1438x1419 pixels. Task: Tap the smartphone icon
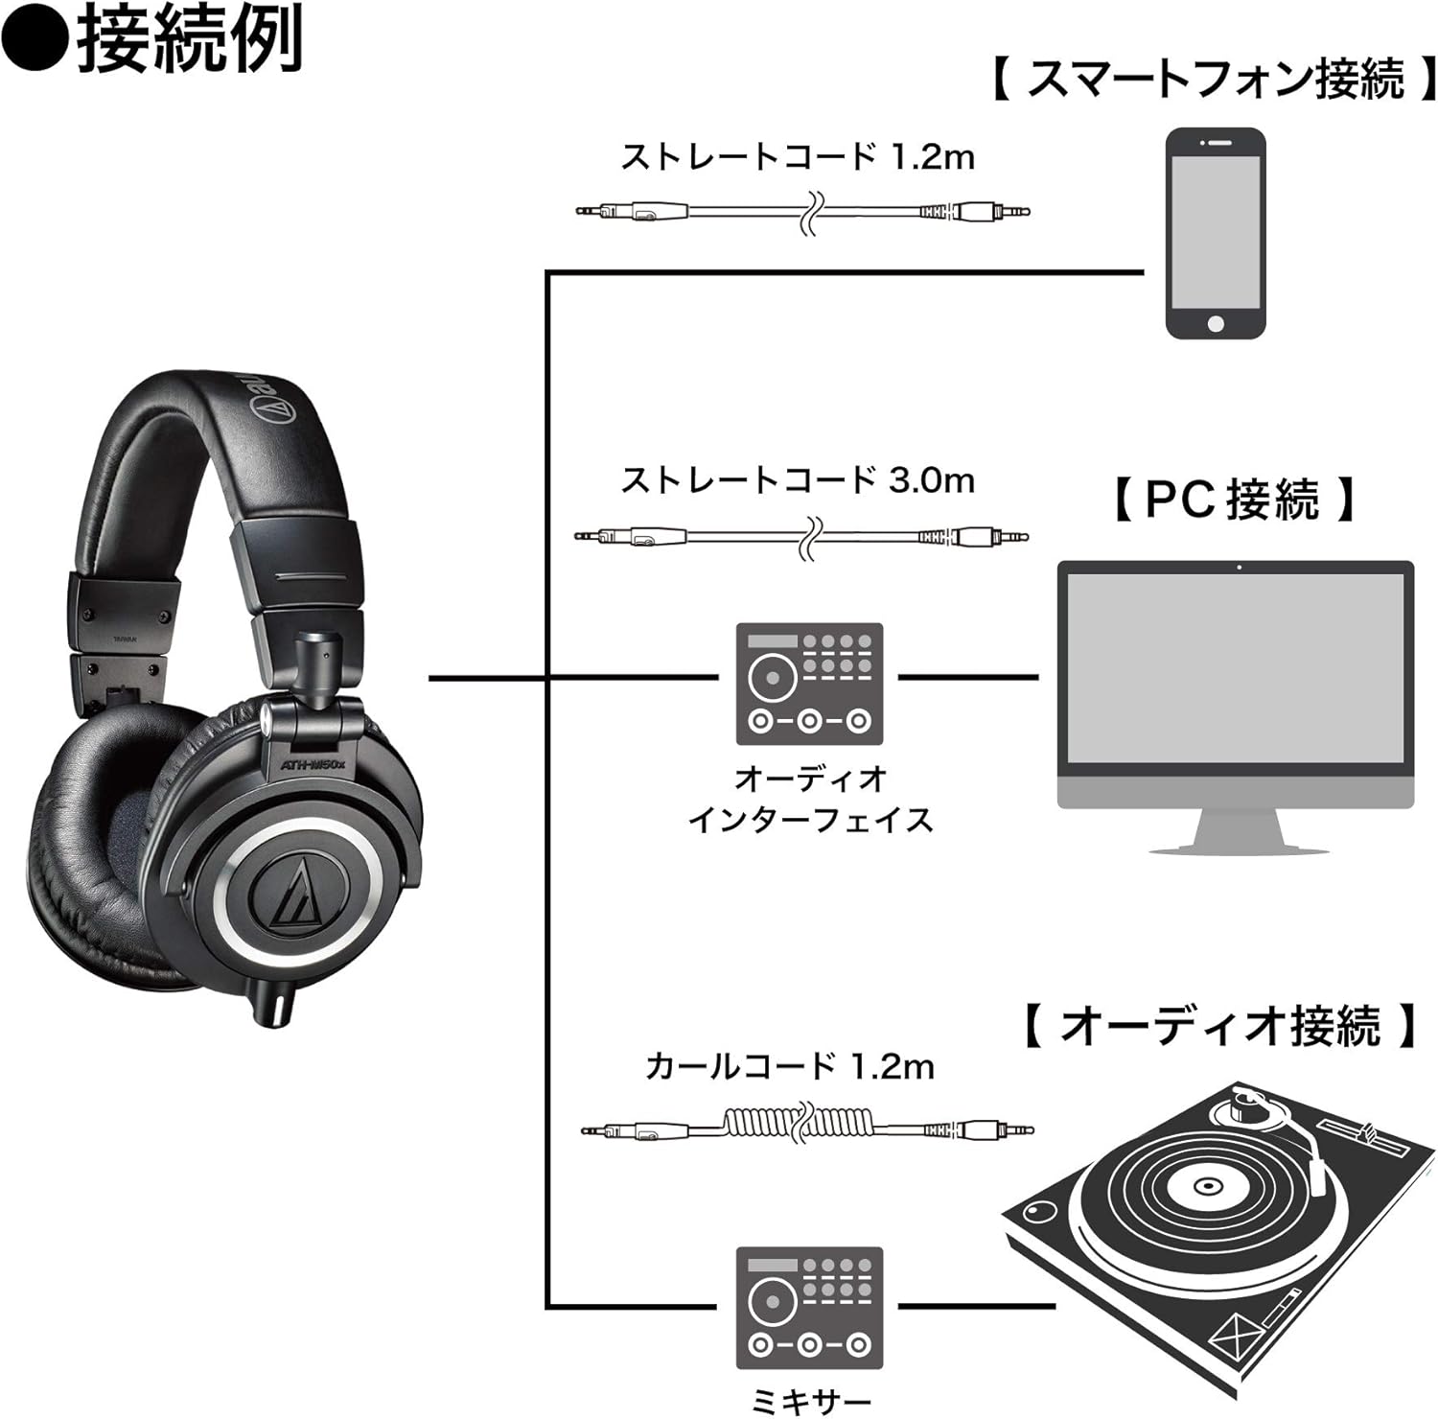(1215, 234)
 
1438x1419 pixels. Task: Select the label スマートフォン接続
(1216, 80)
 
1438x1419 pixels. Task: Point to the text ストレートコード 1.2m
(797, 156)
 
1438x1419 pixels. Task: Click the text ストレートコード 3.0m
(797, 479)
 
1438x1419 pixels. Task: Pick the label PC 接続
(1234, 500)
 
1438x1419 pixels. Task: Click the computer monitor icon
(1235, 705)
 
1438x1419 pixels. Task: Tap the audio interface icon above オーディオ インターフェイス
(809, 684)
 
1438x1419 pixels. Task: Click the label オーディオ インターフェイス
(809, 798)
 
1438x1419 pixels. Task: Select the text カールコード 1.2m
(789, 1065)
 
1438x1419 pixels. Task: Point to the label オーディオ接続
(1219, 1026)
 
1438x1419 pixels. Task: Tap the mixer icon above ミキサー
(809, 1308)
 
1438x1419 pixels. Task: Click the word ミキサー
(809, 1402)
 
